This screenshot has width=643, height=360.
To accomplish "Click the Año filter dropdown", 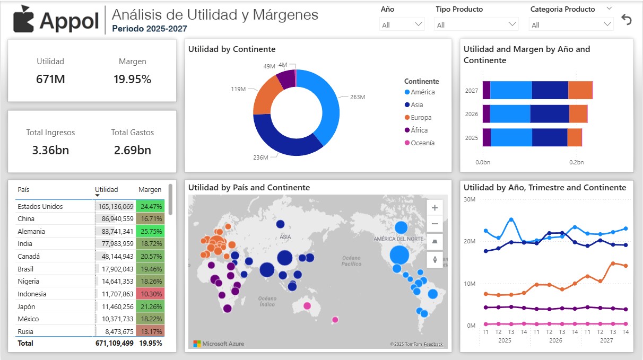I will pyautogui.click(x=402, y=24).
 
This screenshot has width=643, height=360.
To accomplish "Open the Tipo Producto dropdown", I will pyautogui.click(x=476, y=24).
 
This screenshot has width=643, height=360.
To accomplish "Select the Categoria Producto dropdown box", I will pyautogui.click(x=571, y=24).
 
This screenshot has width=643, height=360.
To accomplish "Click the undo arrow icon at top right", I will pyautogui.click(x=627, y=20).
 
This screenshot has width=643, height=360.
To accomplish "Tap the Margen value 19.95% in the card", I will pyautogui.click(x=132, y=80).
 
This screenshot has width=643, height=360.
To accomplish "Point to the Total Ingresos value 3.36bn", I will pyautogui.click(x=50, y=150).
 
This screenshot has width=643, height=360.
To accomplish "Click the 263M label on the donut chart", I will pyautogui.click(x=358, y=97).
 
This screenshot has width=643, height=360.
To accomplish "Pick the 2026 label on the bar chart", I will pyautogui.click(x=472, y=114).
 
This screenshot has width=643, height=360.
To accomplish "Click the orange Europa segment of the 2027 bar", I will pyautogui.click(x=580, y=90).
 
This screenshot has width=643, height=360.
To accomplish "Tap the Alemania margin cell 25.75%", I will pyautogui.click(x=150, y=232).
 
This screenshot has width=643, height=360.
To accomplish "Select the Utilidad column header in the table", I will pyautogui.click(x=106, y=190).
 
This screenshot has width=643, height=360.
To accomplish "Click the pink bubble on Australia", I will pyautogui.click(x=307, y=306).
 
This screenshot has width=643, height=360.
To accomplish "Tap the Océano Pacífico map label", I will pyautogui.click(x=351, y=260).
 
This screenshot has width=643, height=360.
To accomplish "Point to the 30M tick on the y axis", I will pyautogui.click(x=469, y=199).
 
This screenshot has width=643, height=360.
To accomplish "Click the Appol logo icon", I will pyautogui.click(x=24, y=19).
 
